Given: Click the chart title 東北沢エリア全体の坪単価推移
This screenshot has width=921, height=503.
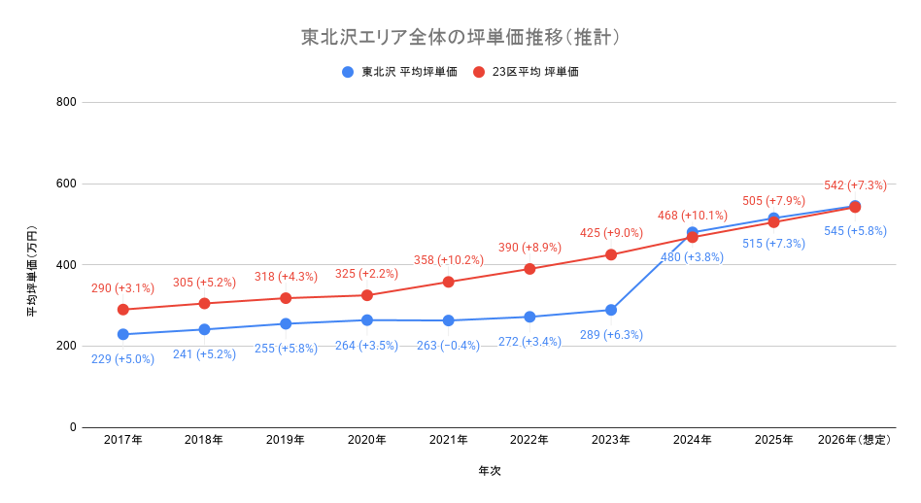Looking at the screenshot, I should point(460,38).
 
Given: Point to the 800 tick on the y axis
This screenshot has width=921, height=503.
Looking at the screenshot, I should point(65,102).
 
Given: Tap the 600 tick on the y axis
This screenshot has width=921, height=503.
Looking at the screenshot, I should point(65,184).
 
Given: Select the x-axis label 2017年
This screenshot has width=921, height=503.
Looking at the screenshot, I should point(122,440).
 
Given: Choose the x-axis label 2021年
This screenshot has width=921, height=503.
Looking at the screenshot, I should point(448,440).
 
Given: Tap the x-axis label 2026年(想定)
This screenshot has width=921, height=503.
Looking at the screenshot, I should point(855,440).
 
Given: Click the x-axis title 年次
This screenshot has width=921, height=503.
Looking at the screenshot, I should point(489,471).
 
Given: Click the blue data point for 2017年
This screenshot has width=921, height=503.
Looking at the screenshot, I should point(122,334).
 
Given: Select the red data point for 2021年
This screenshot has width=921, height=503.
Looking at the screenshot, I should point(448,282).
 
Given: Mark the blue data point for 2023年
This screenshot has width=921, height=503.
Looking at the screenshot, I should point(611,310).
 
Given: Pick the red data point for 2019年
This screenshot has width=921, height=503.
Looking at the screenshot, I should point(286,298).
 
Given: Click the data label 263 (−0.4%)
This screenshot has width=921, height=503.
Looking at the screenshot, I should point(448,345).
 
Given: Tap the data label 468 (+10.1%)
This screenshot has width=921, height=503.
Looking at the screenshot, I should point(692,216).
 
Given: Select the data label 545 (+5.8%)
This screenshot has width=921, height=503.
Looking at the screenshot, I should point(855,231).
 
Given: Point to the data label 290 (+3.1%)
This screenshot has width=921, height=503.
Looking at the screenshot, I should point(122,288).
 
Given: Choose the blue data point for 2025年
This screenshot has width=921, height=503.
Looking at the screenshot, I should point(773,218).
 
